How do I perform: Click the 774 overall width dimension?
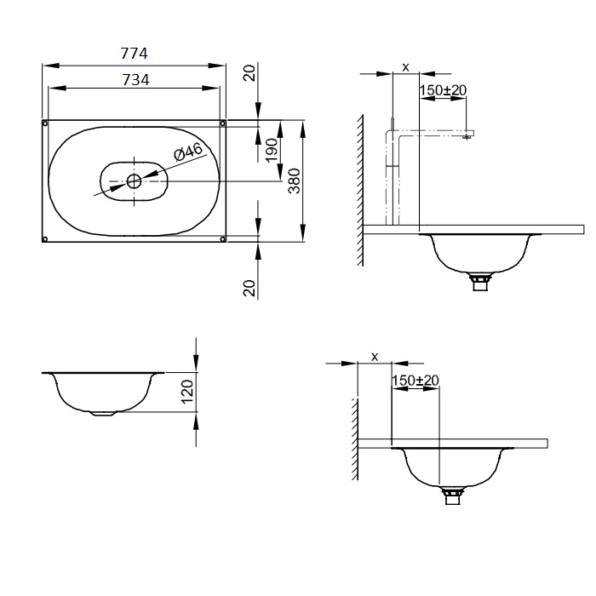pyautogui.click(x=134, y=53)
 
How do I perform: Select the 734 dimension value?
pyautogui.click(x=135, y=80)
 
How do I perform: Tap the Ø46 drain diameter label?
pyautogui.click(x=188, y=152)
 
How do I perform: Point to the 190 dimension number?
pyautogui.click(x=272, y=150)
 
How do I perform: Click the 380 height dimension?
pyautogui.click(x=295, y=181)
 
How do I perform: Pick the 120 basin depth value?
pyautogui.click(x=187, y=392)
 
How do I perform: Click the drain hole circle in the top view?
pyautogui.click(x=134, y=181)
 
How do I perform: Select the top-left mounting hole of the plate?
pyautogui.click(x=45, y=123)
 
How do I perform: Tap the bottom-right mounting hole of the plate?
pyautogui.click(x=223, y=238)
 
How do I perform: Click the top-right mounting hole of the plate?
pyautogui.click(x=223, y=123)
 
